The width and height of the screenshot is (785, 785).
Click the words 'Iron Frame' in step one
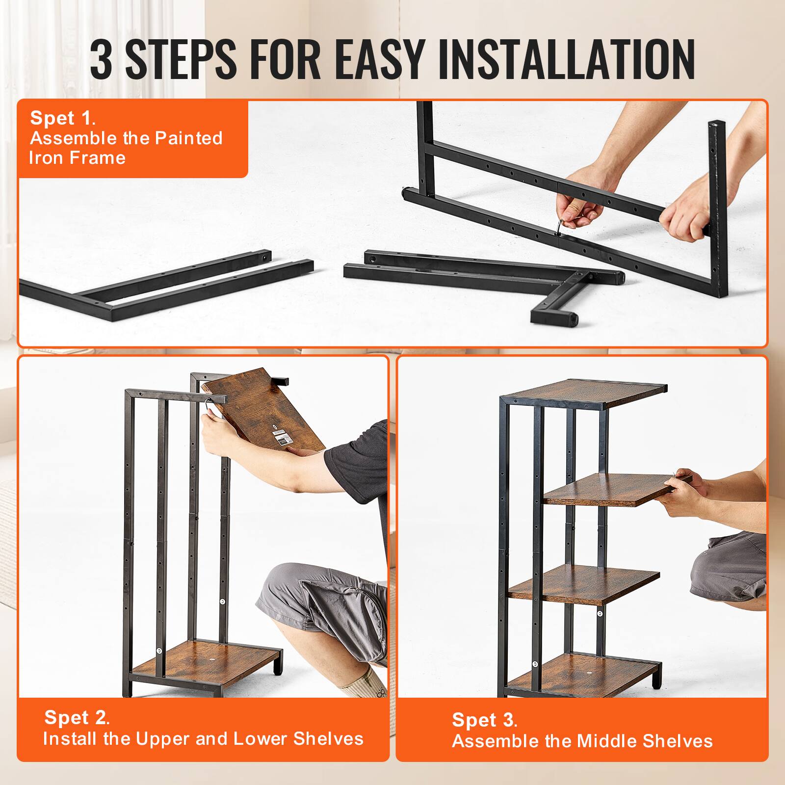tap(78, 158)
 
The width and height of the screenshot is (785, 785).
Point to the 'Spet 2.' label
tap(77, 717)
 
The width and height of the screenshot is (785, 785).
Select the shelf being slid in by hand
tap(613, 489)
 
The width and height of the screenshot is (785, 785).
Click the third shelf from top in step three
tap(584, 584)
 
